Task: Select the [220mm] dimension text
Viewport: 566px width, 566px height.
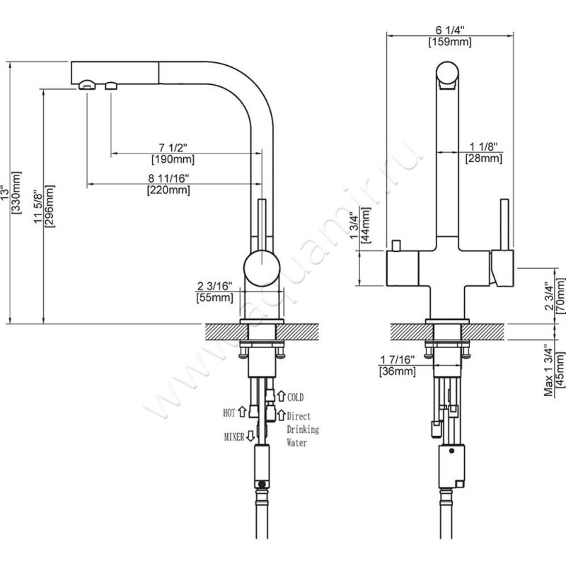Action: click(168, 190)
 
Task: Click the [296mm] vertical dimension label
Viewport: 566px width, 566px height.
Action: click(50, 205)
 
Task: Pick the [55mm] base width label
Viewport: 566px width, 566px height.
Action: click(214, 298)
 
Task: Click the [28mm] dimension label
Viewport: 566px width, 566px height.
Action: click(483, 158)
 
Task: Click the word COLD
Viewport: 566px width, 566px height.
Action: click(296, 399)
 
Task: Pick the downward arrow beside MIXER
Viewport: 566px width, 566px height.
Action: click(250, 437)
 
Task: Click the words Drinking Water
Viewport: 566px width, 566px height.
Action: click(302, 436)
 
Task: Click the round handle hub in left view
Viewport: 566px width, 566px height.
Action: click(260, 267)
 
